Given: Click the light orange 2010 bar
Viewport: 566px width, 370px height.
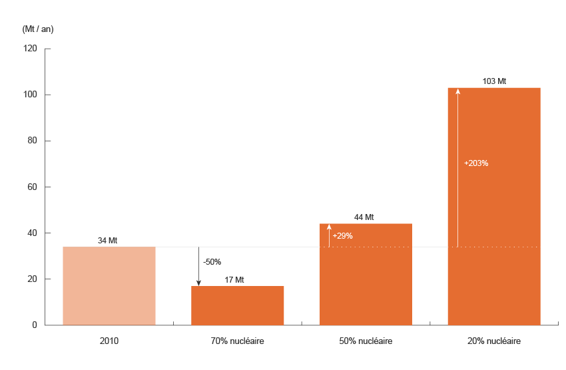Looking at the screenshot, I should point(109,286).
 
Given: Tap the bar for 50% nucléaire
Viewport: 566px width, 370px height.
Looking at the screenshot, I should point(366,280).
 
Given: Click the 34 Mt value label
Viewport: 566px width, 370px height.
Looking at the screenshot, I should point(107,241).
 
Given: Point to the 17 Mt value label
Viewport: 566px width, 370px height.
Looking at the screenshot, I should point(234,280).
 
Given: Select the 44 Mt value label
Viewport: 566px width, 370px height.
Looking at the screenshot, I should point(364,217).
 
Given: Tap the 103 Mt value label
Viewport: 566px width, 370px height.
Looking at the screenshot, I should point(494,81).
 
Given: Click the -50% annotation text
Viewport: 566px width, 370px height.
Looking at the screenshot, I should point(212,262).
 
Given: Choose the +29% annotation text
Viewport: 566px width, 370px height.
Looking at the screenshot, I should point(342,236).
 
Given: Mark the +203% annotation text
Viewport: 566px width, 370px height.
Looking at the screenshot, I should point(476,163).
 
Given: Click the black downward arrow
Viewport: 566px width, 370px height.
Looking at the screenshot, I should point(198,267).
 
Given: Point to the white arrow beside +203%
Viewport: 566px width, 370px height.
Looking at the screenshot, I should point(457,167).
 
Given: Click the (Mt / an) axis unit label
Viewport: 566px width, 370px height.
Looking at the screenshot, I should point(38,29).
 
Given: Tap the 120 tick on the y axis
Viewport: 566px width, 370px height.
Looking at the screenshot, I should point(29,49).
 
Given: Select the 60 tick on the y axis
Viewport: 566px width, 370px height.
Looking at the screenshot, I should point(31,187).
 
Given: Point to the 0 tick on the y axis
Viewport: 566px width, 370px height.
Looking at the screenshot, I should point(34,325).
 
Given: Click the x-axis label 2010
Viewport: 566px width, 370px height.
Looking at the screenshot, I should point(109,341).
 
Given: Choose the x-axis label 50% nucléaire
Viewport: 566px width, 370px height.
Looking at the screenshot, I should point(366,341).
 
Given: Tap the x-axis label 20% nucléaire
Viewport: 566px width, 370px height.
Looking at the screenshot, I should point(494,341).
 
